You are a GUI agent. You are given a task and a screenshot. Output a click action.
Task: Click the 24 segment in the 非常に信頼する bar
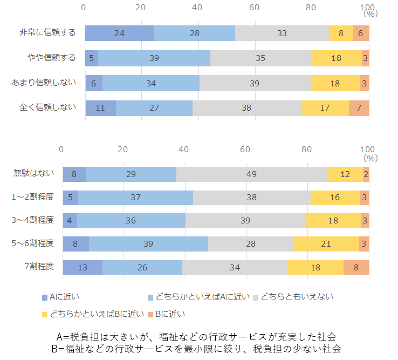click(120, 33)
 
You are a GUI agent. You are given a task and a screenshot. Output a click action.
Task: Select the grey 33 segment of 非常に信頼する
click(282, 33)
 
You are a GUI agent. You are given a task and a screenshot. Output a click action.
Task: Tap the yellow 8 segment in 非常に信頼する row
click(341, 33)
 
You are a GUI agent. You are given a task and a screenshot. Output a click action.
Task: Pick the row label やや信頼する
click(52, 58)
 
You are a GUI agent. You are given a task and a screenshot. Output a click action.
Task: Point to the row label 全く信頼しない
click(48, 107)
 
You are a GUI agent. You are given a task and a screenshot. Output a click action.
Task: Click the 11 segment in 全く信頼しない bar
click(100, 107)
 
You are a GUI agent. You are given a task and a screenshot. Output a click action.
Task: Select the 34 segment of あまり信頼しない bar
click(151, 83)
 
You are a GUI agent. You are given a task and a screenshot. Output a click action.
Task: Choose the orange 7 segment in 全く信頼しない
click(359, 107)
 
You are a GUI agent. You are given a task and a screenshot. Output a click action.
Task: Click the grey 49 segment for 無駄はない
click(251, 174)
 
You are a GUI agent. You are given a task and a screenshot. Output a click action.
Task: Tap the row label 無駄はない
click(34, 173)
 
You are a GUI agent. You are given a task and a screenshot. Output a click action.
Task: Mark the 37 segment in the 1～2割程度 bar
click(135, 197)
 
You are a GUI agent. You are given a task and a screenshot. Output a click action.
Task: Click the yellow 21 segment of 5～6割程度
click(326, 244)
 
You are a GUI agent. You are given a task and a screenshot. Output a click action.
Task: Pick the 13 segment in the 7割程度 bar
click(83, 267)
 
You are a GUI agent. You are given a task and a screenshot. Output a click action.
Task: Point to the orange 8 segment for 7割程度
click(356, 267)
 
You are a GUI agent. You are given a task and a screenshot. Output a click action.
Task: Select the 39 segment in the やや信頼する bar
click(154, 58)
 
